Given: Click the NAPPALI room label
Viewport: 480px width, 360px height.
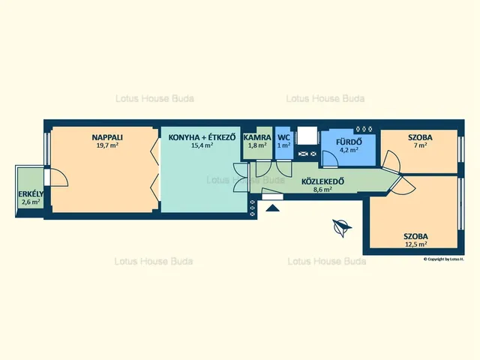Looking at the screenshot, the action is (107, 137).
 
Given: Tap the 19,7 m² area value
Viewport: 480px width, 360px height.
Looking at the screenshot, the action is (107, 145).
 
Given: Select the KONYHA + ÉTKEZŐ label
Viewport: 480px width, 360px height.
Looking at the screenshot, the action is (202, 137).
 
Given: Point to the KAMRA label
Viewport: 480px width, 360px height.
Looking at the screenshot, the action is (257, 137).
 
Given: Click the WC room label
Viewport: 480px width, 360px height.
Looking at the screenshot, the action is (283, 137).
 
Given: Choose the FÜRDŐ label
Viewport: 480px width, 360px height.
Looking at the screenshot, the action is (349, 142).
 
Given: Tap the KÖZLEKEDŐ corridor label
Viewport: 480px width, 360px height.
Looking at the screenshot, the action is (322, 181).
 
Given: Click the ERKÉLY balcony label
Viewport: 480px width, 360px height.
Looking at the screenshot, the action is (31, 194).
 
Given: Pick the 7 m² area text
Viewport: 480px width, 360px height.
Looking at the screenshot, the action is (420, 145).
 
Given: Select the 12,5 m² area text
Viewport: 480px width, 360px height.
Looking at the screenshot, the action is (415, 244).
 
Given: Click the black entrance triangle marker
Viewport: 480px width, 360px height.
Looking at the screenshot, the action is (272, 208).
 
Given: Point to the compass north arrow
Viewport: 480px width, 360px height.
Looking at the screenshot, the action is (342, 228).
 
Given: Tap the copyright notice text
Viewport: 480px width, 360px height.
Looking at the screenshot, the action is (443, 259).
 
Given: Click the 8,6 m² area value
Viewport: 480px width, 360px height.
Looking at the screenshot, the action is (322, 190).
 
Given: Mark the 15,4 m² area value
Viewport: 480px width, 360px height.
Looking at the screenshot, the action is (202, 145).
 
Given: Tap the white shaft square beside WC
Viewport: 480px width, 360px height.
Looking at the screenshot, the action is (307, 136).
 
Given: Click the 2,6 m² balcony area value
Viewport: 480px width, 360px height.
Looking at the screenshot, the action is (31, 202).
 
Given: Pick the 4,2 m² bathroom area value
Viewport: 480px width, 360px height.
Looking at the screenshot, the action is (349, 150).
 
